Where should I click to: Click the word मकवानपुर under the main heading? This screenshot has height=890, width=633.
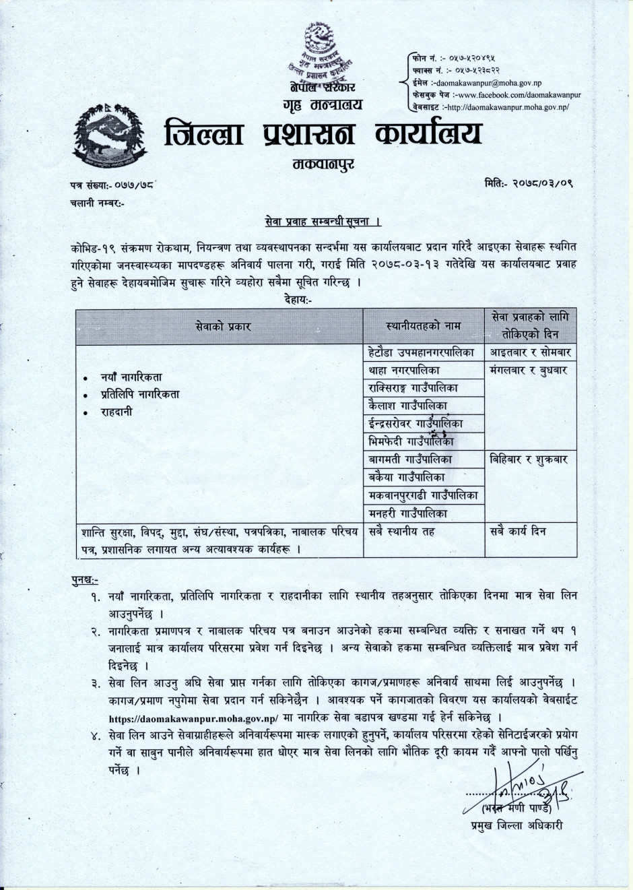pos(324,163)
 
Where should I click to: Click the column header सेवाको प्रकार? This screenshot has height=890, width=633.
pos(220,326)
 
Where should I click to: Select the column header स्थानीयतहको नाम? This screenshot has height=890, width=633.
pos(424,326)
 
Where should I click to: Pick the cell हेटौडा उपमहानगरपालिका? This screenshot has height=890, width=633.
pos(422,352)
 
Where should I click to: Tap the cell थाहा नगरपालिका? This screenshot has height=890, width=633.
pos(405,370)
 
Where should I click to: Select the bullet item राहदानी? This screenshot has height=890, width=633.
pos(116,412)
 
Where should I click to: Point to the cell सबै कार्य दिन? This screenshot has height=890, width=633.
pos(519,532)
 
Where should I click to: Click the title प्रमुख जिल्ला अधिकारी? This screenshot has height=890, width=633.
pos(517,825)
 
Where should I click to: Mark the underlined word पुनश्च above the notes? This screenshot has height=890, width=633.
pos(85,579)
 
